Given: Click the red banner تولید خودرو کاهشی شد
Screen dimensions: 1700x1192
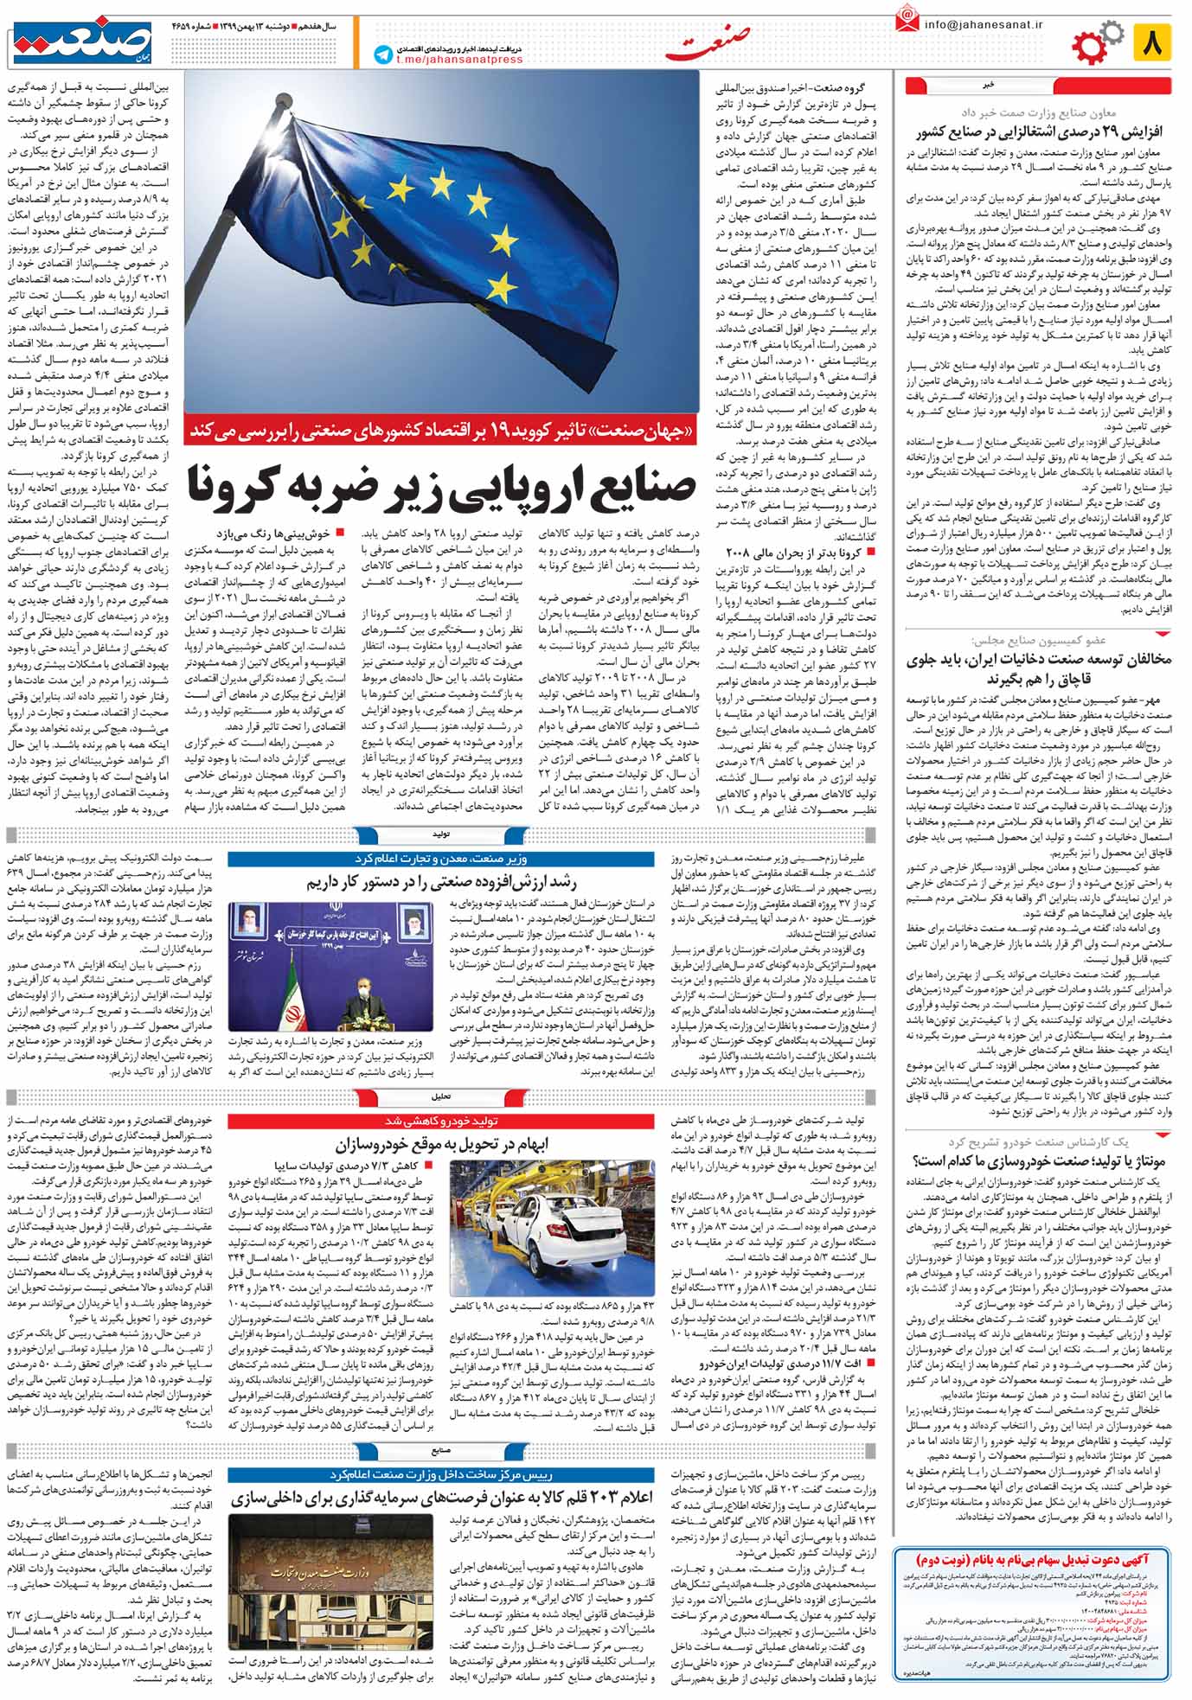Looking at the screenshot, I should pos(442,1122).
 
